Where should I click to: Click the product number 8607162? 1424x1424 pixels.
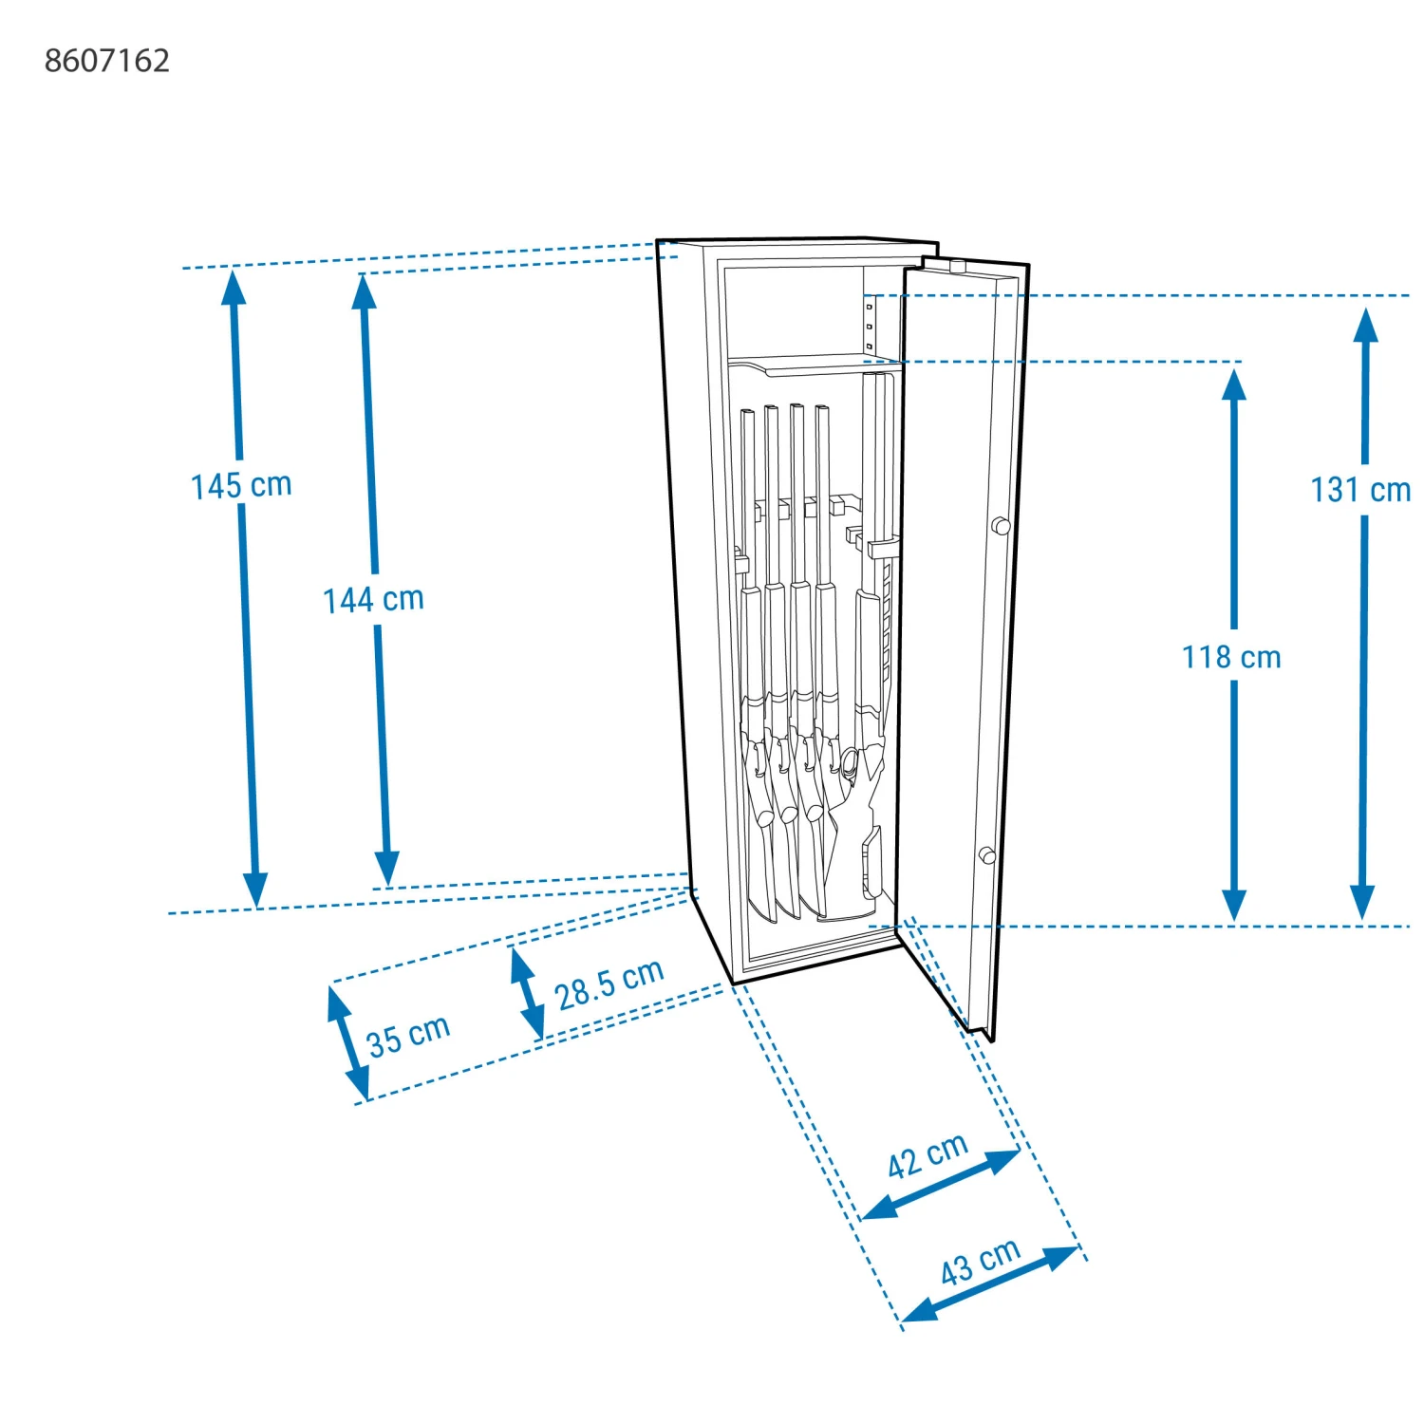[x=107, y=61]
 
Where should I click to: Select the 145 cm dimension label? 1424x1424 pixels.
[x=241, y=485]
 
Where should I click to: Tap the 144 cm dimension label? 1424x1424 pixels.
[x=373, y=600]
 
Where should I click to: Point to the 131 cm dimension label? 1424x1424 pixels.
[x=1359, y=490]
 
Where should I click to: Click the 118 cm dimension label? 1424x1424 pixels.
[x=1231, y=657]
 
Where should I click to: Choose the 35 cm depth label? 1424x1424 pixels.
[x=408, y=1036]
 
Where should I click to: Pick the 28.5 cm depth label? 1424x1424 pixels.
[x=609, y=984]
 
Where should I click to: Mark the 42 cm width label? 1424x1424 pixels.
[x=927, y=1155]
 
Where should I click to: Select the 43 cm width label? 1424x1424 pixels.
[x=980, y=1262]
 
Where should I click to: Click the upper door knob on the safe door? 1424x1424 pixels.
[x=1001, y=525]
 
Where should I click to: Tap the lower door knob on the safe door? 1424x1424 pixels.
[x=987, y=855]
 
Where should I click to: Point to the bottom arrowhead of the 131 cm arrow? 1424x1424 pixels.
[x=1362, y=902]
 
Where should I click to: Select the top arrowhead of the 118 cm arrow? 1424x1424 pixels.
[x=1233, y=384]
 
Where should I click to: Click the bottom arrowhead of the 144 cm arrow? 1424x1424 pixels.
[x=386, y=869]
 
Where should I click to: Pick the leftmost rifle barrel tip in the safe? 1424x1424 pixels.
[x=747, y=414]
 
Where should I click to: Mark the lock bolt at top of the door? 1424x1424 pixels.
[x=957, y=267]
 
